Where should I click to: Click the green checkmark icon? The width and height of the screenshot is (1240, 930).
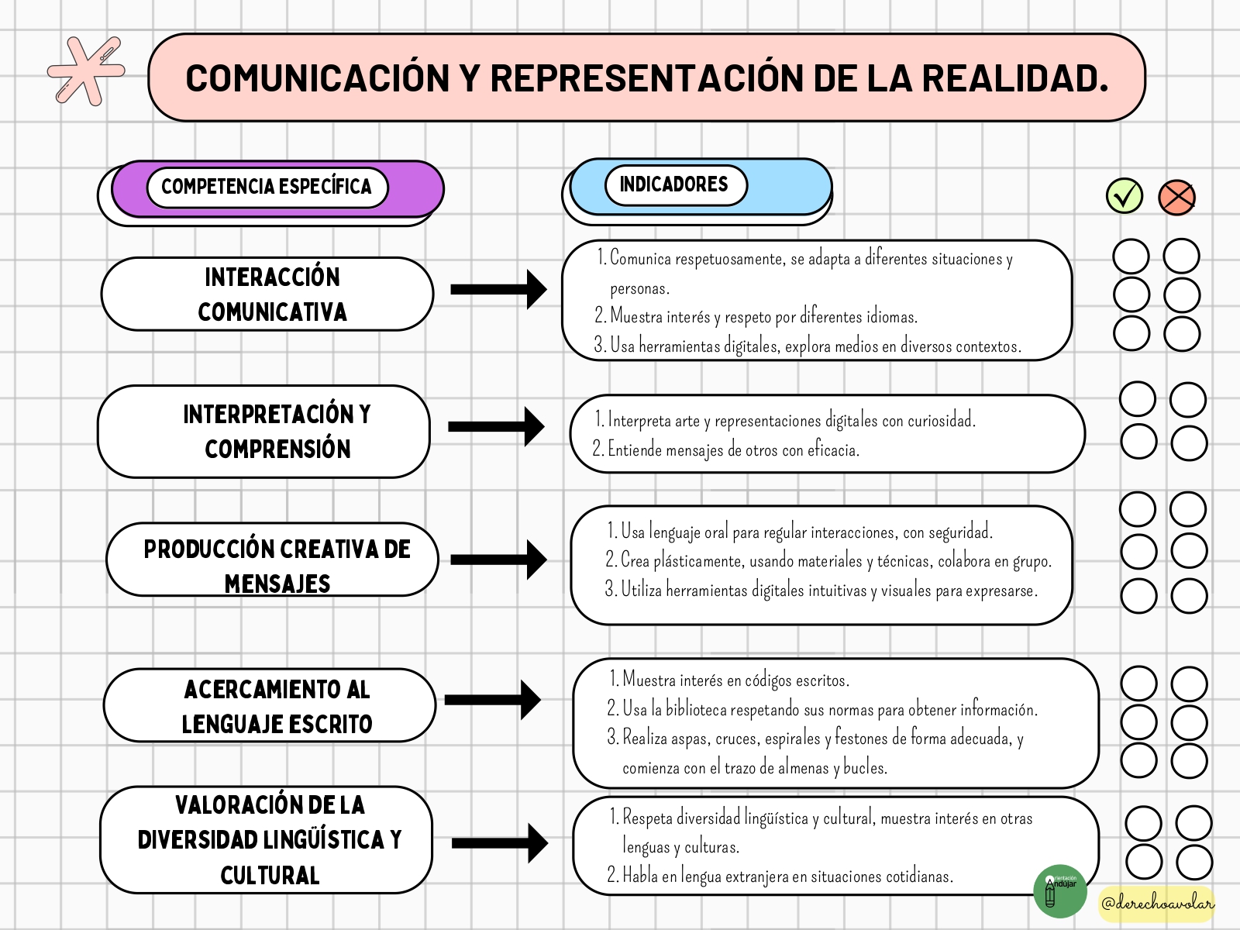pos(1125,196)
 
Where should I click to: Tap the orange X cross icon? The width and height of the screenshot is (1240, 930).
pos(1176,198)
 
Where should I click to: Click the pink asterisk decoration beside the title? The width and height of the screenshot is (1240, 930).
pos(86,71)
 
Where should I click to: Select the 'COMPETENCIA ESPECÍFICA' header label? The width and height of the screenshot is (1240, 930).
pos(267,186)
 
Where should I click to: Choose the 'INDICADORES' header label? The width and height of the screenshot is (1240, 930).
pos(674,184)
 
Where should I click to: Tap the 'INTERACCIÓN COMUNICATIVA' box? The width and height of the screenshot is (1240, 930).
pos(267,294)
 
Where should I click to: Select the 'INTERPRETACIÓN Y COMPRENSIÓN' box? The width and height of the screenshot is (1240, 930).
pos(263,432)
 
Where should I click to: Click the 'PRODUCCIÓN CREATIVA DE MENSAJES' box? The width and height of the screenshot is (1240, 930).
pos(272,560)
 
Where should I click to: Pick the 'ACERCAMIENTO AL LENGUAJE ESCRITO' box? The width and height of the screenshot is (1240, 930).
pos(270,705)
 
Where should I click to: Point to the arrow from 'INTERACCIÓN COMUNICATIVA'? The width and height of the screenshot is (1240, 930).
pos(498,290)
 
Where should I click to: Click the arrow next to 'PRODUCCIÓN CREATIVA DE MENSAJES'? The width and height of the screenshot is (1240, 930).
pos(498,560)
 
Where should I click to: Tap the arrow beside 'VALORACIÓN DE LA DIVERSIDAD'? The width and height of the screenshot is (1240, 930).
pos(499,843)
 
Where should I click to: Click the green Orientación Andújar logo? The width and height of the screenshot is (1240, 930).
pos(1060,891)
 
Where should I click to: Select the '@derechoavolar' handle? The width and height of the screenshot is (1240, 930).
pos(1157,904)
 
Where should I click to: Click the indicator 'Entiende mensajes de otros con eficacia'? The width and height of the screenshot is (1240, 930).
pos(726,449)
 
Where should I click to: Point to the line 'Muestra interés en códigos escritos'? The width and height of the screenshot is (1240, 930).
pos(729,680)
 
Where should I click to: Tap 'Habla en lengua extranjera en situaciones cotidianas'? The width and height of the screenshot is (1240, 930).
pos(780,876)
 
